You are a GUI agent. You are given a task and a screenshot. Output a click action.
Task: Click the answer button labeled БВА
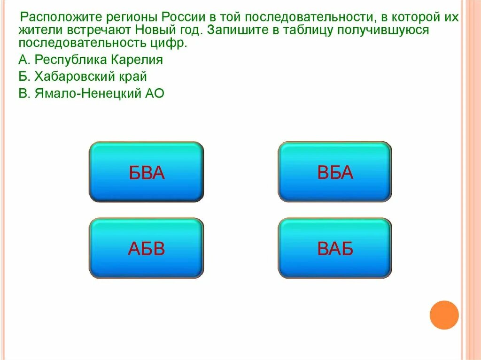146,172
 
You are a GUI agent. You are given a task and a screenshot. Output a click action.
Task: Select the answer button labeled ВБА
334,172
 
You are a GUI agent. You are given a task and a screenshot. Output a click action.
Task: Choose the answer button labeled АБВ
146,248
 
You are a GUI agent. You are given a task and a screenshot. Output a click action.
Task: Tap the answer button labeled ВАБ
334,248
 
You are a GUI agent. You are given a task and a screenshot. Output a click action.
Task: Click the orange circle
444,314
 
